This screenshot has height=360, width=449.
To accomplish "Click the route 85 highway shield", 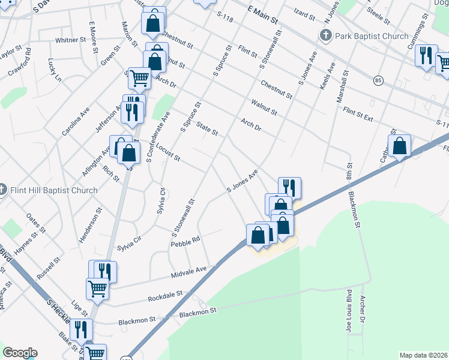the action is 378,80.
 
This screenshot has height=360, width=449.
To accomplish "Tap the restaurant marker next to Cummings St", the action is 426,56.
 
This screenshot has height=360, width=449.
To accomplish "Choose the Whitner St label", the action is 71,40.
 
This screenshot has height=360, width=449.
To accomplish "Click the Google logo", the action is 20,353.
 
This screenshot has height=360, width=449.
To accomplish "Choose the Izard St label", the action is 306,12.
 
